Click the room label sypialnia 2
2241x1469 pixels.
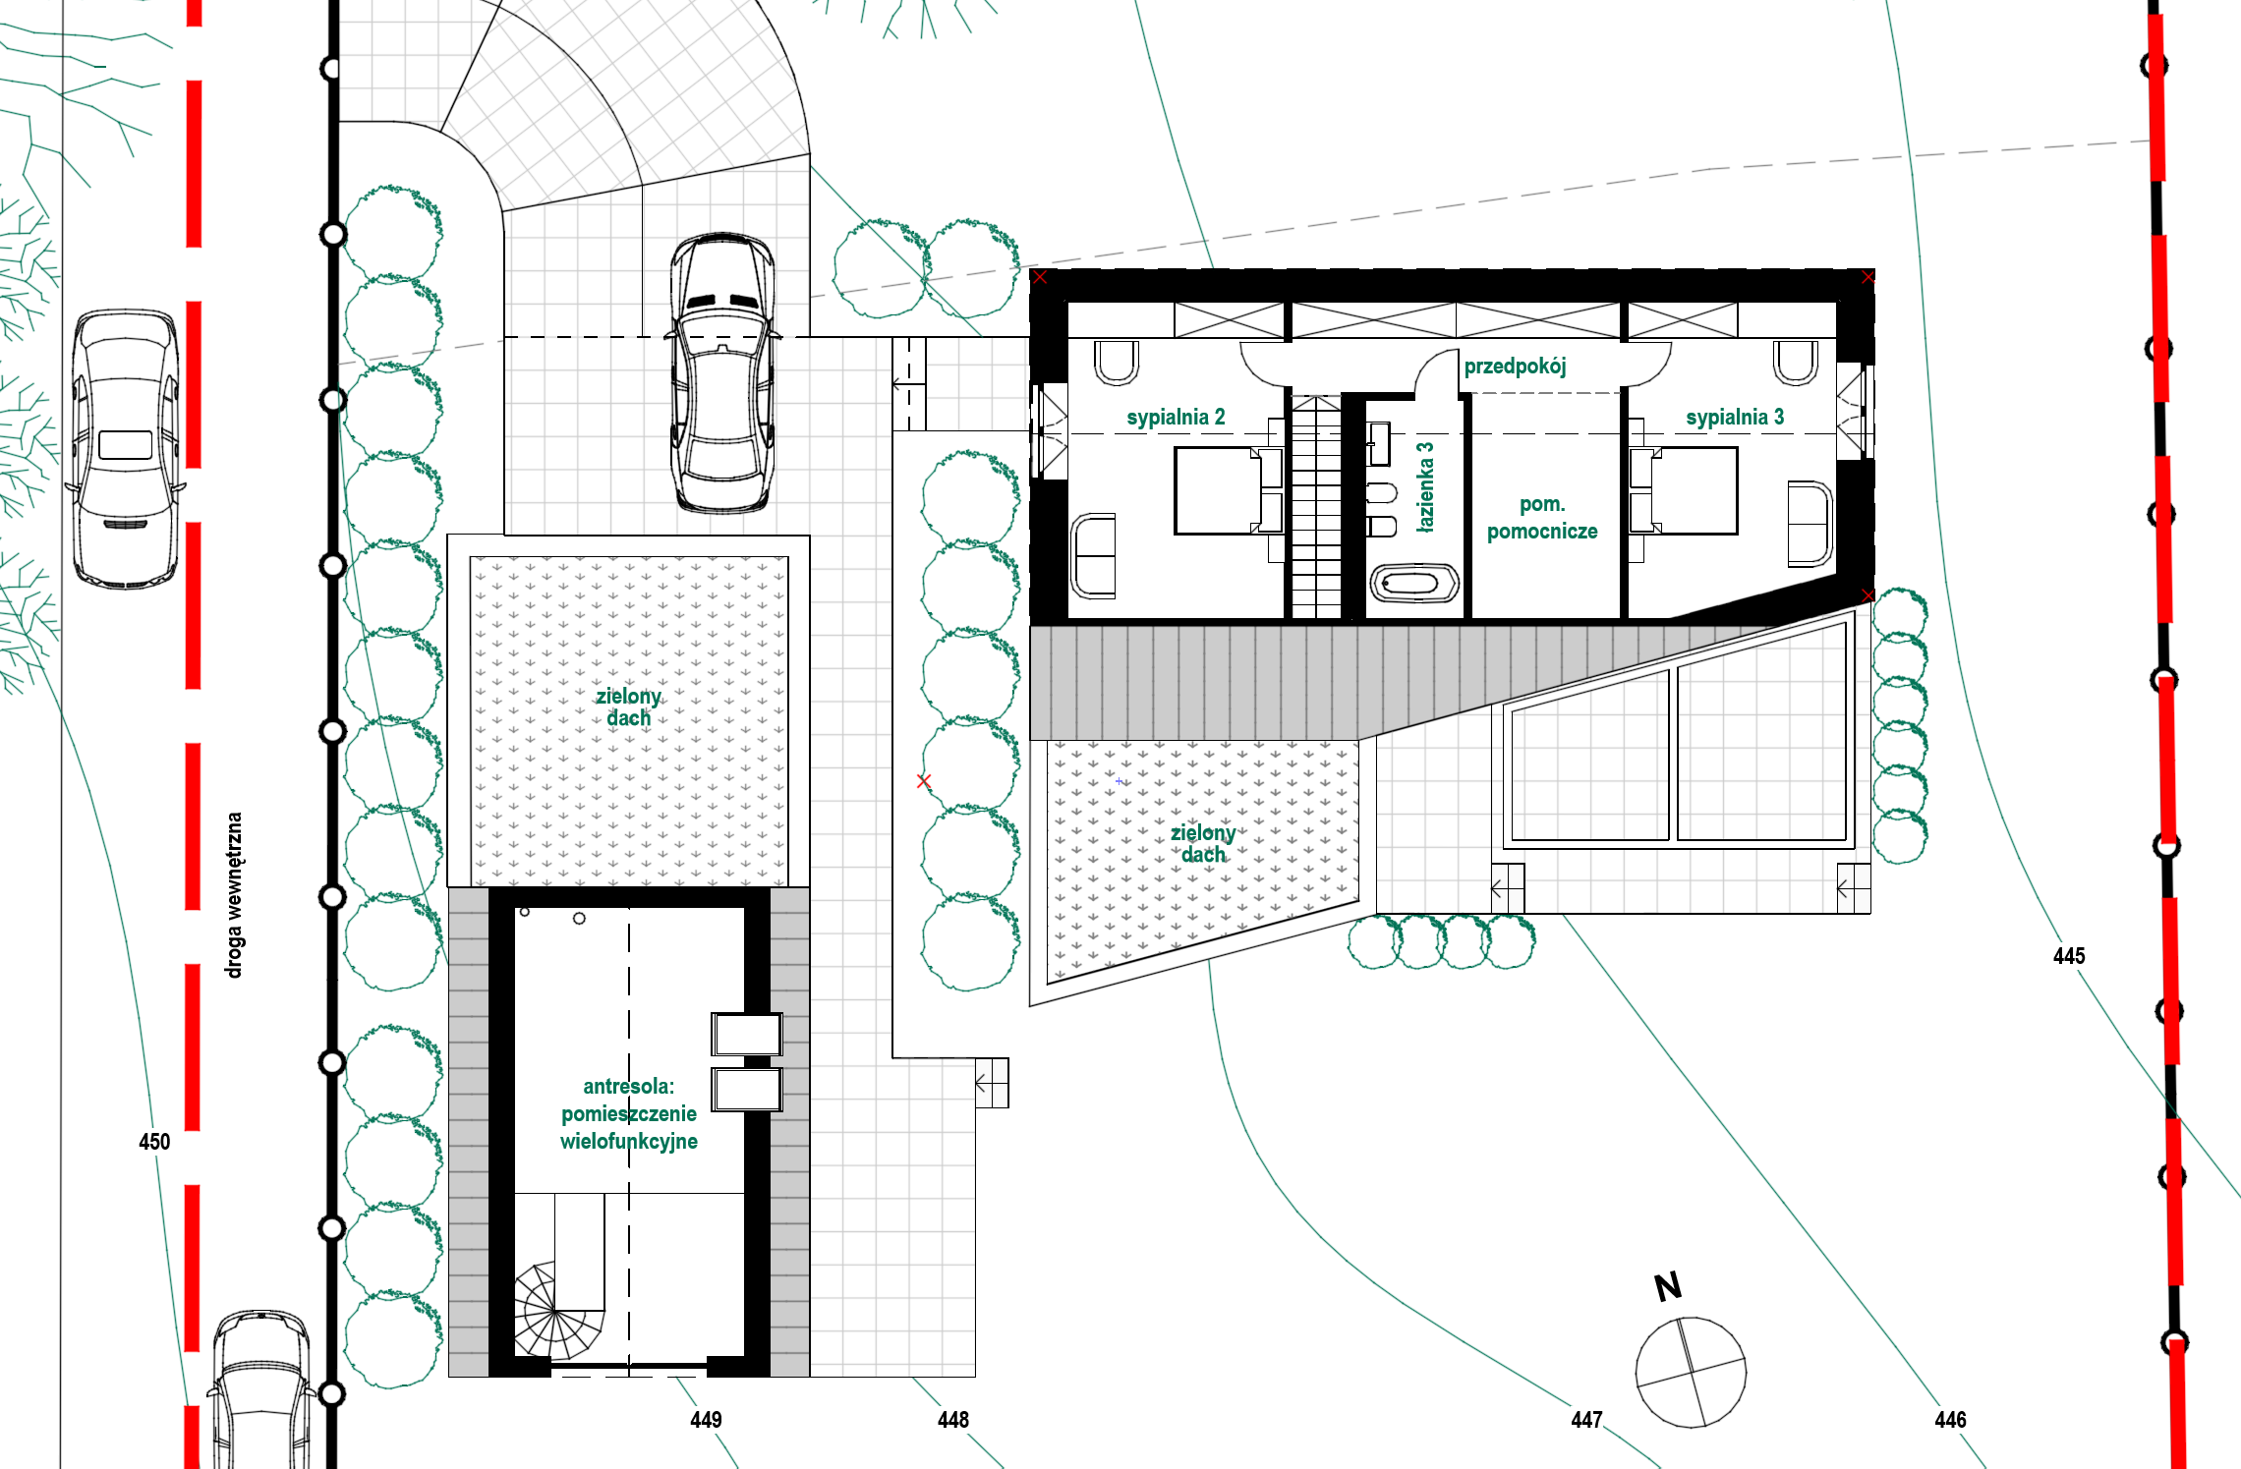point(1176,417)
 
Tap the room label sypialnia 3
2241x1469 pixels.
point(1735,417)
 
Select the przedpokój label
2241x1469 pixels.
point(1515,367)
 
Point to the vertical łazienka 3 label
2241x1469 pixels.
point(1424,486)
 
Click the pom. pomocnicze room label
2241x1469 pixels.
point(1542,518)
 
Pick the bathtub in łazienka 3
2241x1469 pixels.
point(1413,584)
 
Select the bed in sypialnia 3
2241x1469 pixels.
point(1684,490)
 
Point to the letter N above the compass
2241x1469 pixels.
point(1668,1286)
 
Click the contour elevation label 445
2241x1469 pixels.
point(2069,956)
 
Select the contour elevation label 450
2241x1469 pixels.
point(154,1142)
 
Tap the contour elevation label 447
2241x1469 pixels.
point(1586,1420)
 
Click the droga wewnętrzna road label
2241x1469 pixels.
point(234,895)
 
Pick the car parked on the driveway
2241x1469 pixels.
point(722,373)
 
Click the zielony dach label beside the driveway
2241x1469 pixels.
point(628,706)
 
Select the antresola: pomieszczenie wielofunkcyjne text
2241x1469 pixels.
point(629,1113)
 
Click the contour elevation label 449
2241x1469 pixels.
point(706,1420)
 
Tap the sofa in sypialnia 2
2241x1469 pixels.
point(1093,555)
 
